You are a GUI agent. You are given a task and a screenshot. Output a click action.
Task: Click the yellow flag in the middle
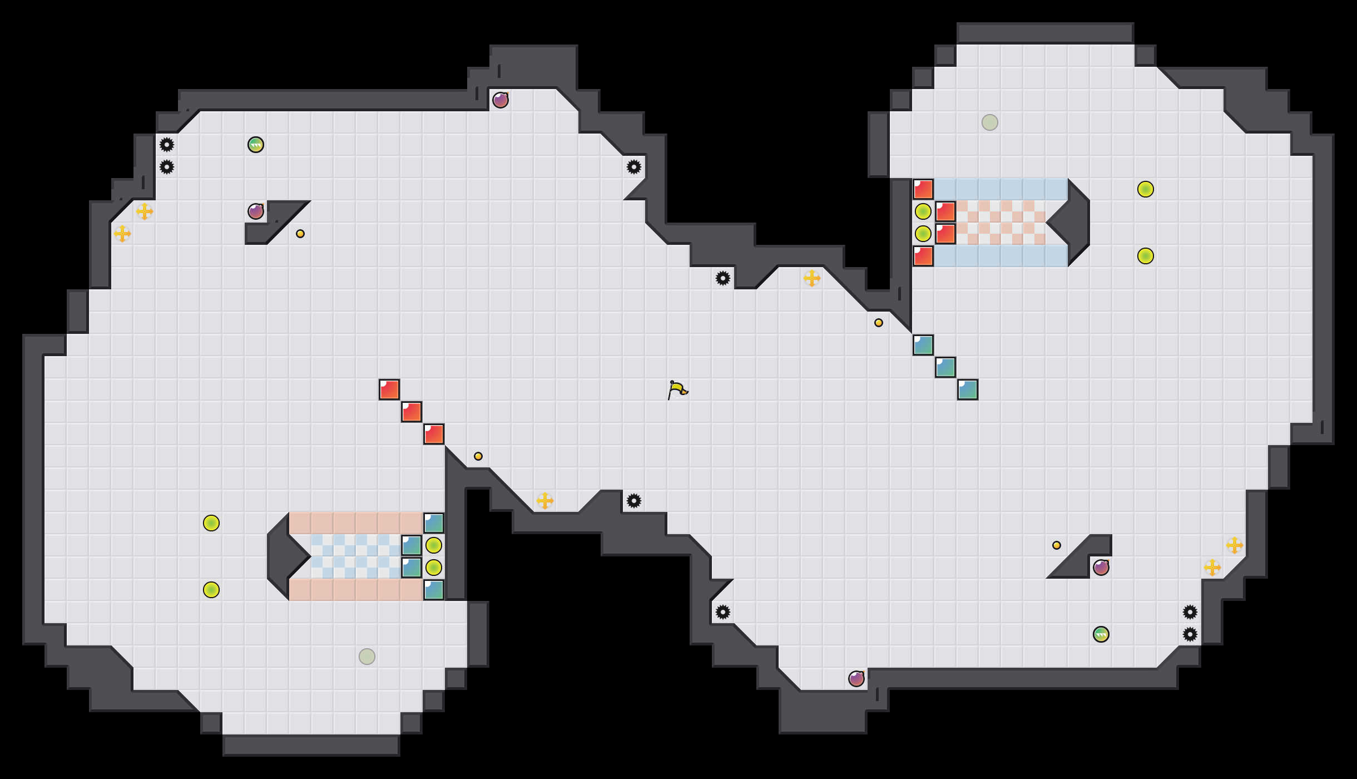677,389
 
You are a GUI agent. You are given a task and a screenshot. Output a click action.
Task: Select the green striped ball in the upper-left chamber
256,145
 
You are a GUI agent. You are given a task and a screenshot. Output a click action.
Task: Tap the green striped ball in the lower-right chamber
1101,634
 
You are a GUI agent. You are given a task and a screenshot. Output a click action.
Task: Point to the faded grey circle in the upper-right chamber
990,122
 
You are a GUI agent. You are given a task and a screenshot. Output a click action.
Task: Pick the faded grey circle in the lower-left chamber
367,657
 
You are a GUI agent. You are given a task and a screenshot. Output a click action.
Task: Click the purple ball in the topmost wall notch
501,100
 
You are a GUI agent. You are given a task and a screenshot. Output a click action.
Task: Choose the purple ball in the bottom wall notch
856,679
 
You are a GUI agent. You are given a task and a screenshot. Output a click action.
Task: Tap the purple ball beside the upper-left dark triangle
256,211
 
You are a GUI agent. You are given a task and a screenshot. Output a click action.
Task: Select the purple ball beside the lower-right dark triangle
1101,568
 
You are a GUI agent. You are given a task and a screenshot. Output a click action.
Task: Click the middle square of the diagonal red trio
412,412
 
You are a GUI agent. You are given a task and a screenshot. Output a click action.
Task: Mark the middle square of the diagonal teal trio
945,367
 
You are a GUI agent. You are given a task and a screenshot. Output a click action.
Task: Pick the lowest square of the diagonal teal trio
968,389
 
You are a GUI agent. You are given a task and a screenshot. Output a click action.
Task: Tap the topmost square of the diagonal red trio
389,389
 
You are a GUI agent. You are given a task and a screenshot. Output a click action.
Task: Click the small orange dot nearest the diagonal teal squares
879,323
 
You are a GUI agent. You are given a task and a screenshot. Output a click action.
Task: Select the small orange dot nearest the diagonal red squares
478,456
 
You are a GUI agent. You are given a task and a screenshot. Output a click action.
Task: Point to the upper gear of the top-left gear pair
167,145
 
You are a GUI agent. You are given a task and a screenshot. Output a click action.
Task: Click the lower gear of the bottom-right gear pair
1190,634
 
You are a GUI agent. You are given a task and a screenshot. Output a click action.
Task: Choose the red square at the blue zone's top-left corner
923,189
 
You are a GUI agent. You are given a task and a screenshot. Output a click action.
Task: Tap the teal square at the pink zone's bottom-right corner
434,590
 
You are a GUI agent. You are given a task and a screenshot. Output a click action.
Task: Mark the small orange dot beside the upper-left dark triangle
300,234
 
